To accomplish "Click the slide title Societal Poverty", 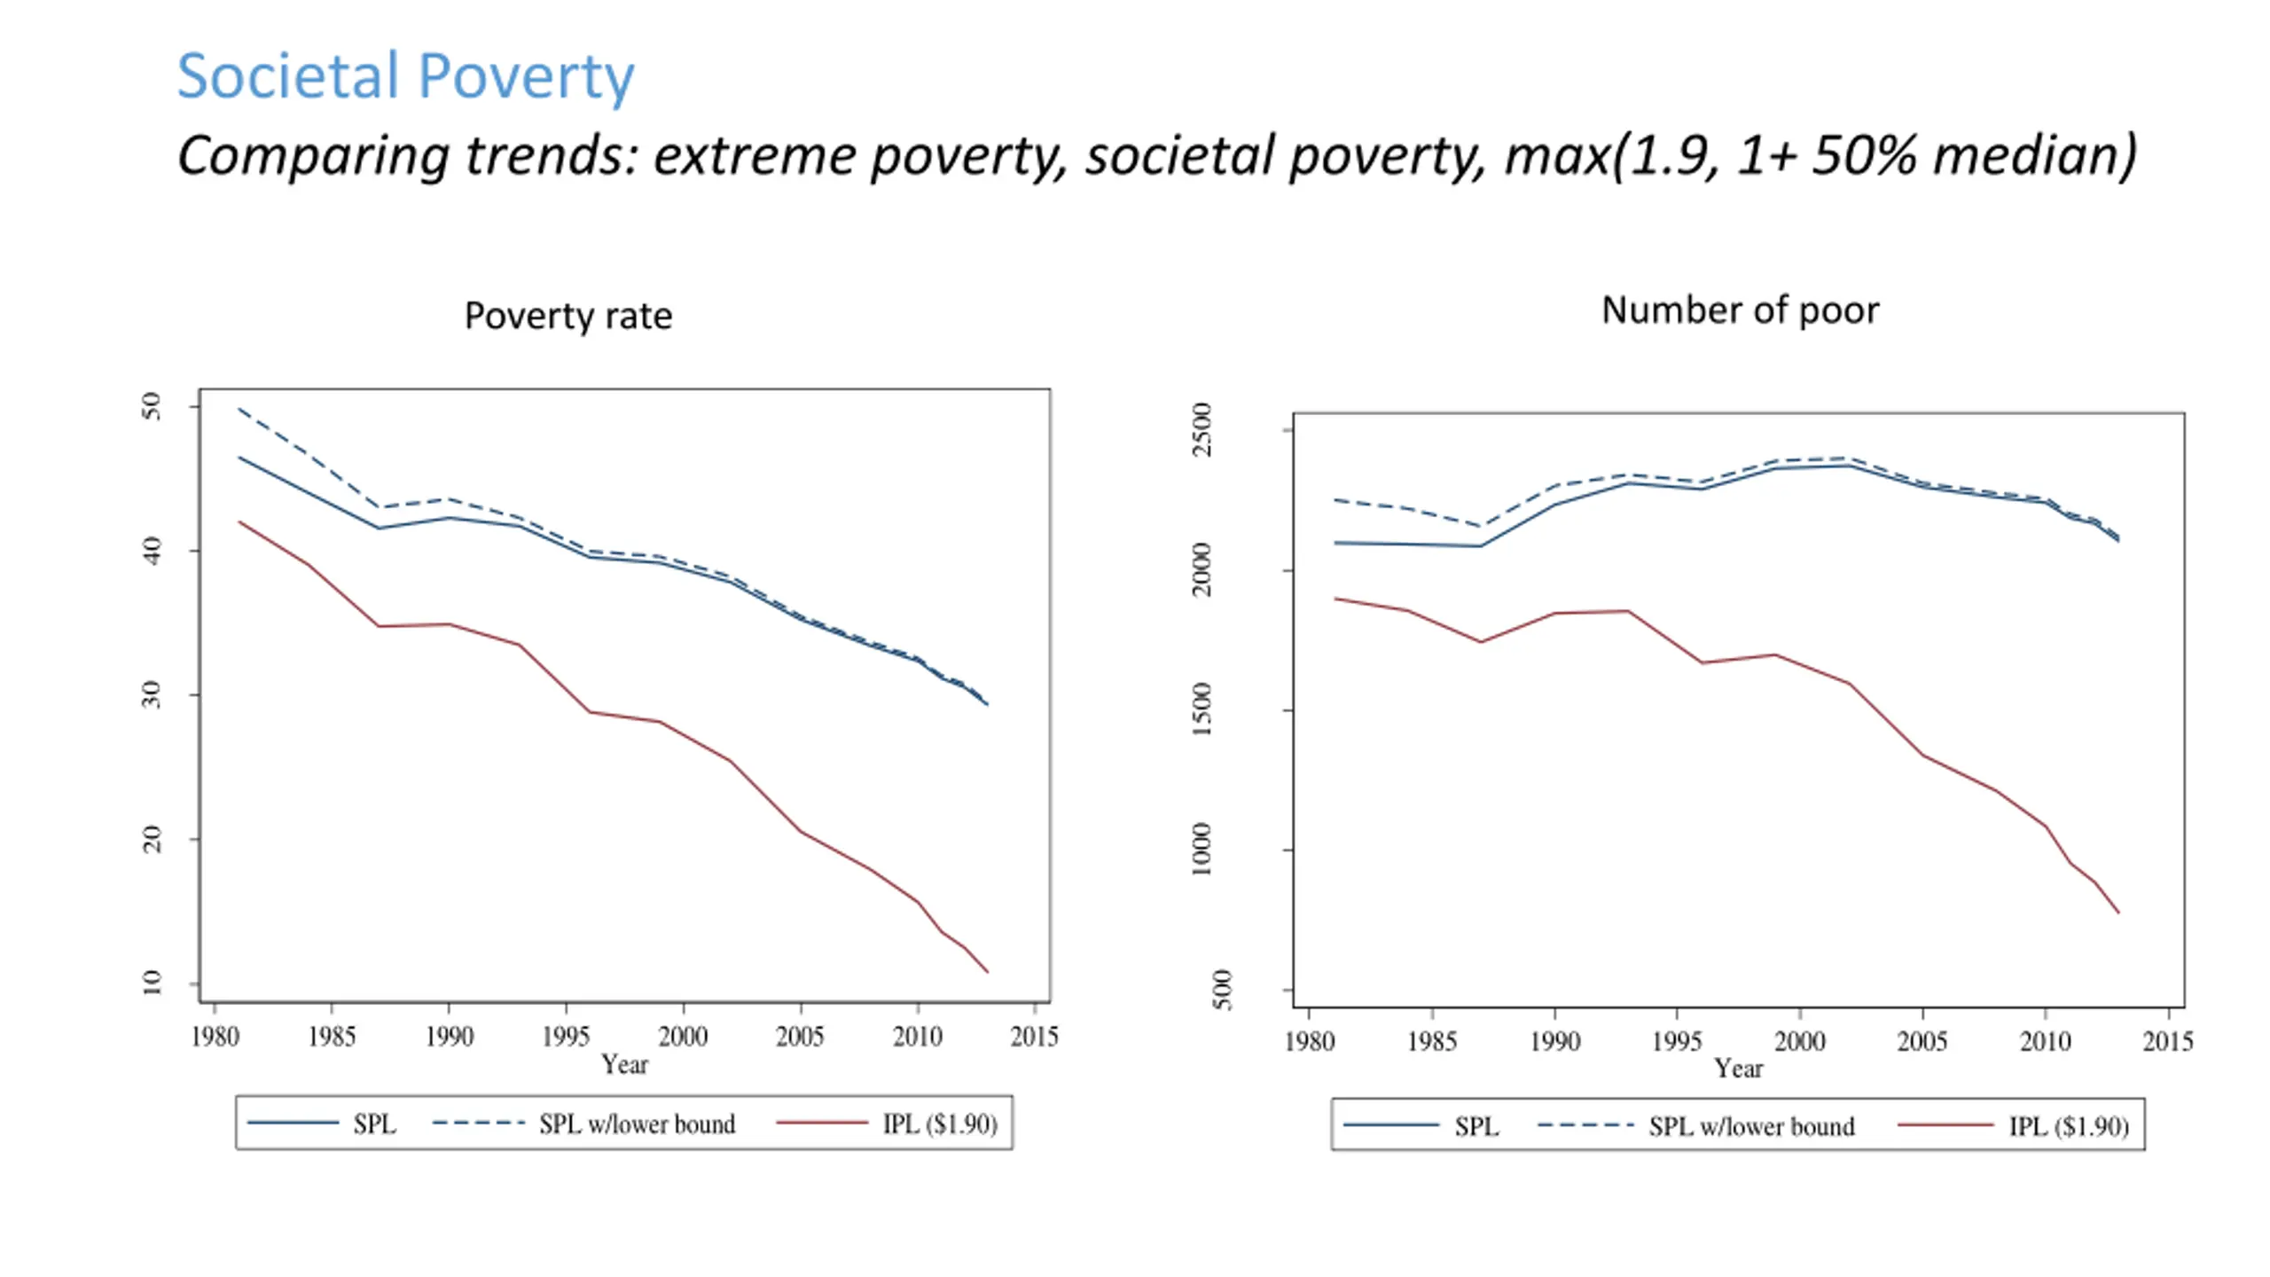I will point(405,76).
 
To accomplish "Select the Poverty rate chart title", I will point(568,316).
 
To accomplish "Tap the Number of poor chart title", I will point(1740,310).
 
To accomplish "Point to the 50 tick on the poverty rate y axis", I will point(153,407).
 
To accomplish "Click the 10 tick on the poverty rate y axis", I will point(153,983).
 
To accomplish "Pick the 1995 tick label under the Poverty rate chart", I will point(566,1036).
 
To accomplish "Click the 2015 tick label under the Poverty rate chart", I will point(1034,1036).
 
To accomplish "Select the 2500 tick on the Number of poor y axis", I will point(1202,430).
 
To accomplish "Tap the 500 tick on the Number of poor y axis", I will point(1222,990).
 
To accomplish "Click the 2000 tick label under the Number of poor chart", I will point(1799,1041).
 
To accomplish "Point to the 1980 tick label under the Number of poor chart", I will point(1310,1041).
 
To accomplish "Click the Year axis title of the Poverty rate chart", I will point(624,1064).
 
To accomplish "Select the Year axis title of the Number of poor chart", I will point(1738,1069).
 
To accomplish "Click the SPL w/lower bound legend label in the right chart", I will point(1751,1126).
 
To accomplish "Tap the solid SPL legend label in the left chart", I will point(374,1124).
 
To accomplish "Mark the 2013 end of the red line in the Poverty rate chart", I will point(987,972).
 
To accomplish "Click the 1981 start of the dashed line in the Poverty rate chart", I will point(239,409).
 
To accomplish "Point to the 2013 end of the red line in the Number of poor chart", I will point(2118,913).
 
